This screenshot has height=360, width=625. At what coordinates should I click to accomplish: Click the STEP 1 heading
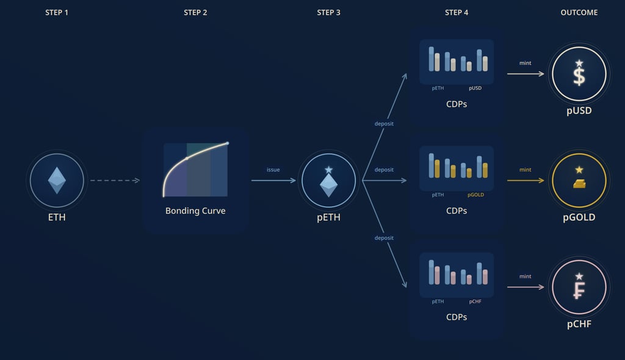pyautogui.click(x=57, y=12)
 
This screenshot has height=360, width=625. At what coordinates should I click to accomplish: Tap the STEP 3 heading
pyautogui.click(x=329, y=12)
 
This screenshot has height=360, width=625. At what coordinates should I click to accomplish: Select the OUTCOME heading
pyautogui.click(x=579, y=12)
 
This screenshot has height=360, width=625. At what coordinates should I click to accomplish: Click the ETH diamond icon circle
pyautogui.click(x=57, y=181)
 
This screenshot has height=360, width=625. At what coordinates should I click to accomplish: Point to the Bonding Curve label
pyautogui.click(x=195, y=211)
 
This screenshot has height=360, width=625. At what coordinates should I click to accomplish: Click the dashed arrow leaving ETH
pyautogui.click(x=115, y=181)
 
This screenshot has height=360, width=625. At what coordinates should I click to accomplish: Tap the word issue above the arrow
pyautogui.click(x=273, y=170)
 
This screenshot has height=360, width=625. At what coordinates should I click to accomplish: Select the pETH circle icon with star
pyautogui.click(x=329, y=181)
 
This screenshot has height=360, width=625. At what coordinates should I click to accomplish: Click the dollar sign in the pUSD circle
pyautogui.click(x=579, y=74)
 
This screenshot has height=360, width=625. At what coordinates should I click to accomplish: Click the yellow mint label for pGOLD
pyautogui.click(x=526, y=170)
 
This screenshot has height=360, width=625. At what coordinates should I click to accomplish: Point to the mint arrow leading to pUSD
pyautogui.click(x=526, y=74)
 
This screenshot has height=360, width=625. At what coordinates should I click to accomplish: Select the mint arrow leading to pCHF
pyautogui.click(x=526, y=287)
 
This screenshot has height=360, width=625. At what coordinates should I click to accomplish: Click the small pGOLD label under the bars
pyautogui.click(x=476, y=195)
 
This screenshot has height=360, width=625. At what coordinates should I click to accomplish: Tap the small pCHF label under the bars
pyautogui.click(x=475, y=301)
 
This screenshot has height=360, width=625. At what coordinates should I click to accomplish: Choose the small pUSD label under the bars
pyautogui.click(x=475, y=88)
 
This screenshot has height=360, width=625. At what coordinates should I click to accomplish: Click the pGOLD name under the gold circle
pyautogui.click(x=579, y=217)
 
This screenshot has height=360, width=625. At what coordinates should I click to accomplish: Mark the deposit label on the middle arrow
pyautogui.click(x=384, y=170)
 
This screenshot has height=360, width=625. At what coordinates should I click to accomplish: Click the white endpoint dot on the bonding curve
pyautogui.click(x=227, y=143)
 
